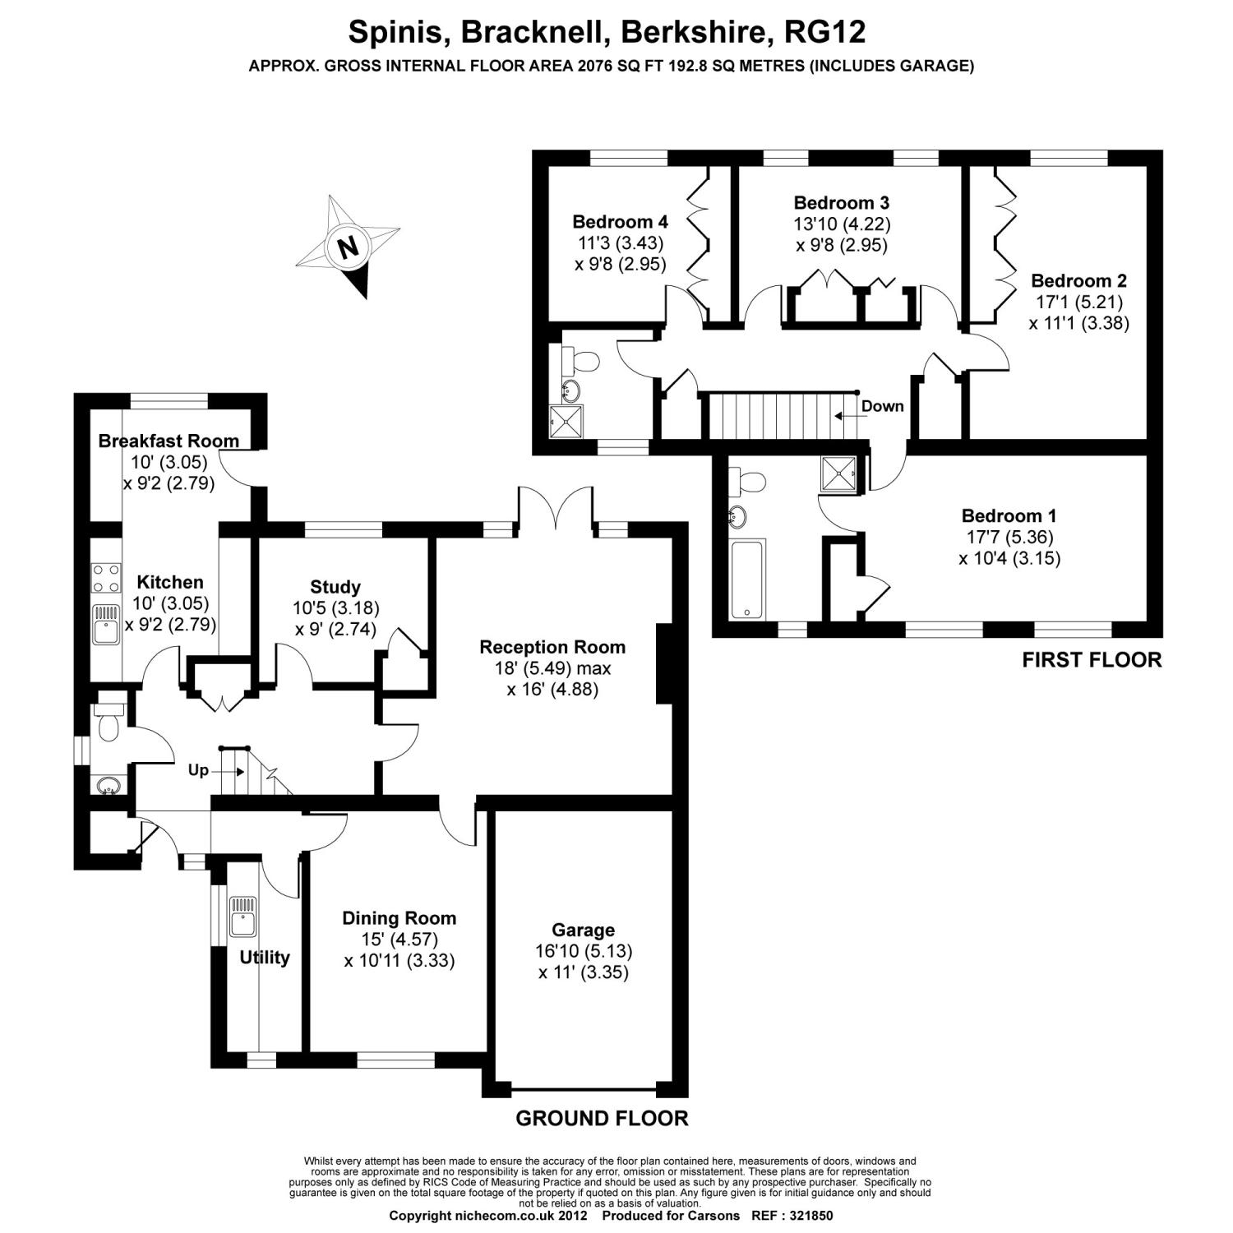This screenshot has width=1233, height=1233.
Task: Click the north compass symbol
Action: click(349, 246)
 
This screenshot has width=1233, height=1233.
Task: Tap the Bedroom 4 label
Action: click(620, 221)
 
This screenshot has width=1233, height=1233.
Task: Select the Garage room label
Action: click(583, 930)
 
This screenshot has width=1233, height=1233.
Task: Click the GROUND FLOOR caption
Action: click(602, 1118)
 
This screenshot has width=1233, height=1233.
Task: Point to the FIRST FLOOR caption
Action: click(1092, 659)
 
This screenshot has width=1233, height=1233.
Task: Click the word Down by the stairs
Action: click(882, 406)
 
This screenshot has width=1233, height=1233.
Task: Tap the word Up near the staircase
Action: click(198, 770)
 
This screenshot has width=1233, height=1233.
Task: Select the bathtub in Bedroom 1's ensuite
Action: click(748, 578)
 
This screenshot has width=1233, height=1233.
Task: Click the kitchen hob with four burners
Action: click(106, 577)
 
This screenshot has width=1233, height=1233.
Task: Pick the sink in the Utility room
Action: click(243, 916)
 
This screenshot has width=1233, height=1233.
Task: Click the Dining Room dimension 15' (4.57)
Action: click(399, 939)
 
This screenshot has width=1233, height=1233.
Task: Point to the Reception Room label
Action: click(552, 647)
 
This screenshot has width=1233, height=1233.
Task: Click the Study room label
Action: click(335, 587)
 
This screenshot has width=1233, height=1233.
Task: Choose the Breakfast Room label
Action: click(169, 441)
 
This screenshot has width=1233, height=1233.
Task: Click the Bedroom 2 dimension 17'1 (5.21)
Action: click(1078, 302)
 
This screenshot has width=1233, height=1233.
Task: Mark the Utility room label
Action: click(265, 958)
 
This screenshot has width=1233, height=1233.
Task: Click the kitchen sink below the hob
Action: click(106, 625)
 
